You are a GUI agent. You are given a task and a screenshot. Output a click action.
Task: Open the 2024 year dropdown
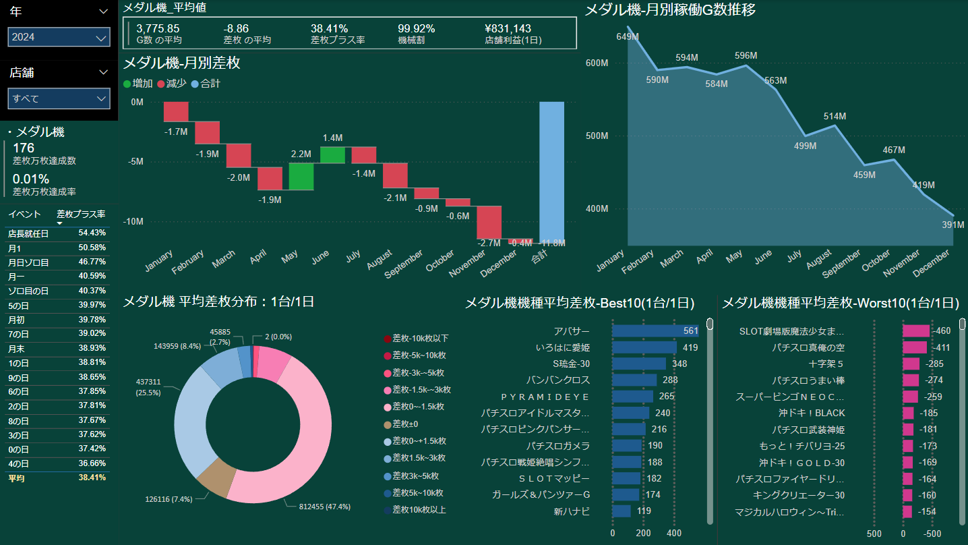(59, 37)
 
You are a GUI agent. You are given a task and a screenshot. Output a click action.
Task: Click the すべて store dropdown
(59, 98)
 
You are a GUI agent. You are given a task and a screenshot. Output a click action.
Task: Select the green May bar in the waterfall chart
(301, 176)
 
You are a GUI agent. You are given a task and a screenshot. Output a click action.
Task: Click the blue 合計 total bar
(551, 171)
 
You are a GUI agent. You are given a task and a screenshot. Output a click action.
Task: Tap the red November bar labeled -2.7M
(489, 222)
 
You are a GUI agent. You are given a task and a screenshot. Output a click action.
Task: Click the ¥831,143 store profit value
(507, 29)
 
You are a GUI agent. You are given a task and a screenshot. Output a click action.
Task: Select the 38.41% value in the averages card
(329, 29)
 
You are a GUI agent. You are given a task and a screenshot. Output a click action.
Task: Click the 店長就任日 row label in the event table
(28, 233)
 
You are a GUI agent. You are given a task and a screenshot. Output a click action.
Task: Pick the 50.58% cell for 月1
(92, 248)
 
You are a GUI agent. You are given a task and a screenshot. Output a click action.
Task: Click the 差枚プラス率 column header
(81, 214)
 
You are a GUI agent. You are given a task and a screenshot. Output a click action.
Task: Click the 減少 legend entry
(176, 84)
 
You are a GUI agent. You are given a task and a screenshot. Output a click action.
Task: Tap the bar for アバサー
(655, 331)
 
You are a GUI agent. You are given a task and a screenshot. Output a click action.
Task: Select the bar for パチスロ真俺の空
(915, 347)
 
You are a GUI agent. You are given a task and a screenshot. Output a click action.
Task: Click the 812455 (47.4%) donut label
(324, 507)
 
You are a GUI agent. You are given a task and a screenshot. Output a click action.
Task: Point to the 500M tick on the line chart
(597, 136)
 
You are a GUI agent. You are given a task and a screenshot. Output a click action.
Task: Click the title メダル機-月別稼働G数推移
(669, 9)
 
